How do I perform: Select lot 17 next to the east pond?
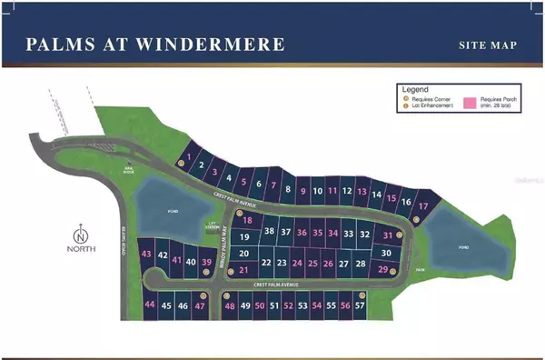click(x=422, y=207)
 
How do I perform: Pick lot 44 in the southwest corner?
click(x=150, y=305)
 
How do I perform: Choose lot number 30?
click(x=386, y=253)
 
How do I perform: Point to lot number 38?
click(x=269, y=232)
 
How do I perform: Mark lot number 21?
click(x=243, y=270)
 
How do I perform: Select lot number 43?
click(x=147, y=255)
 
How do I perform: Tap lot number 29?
click(x=383, y=269)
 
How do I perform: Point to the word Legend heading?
click(x=416, y=90)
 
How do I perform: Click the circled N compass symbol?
click(x=82, y=231)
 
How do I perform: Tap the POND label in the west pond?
click(x=161, y=205)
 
